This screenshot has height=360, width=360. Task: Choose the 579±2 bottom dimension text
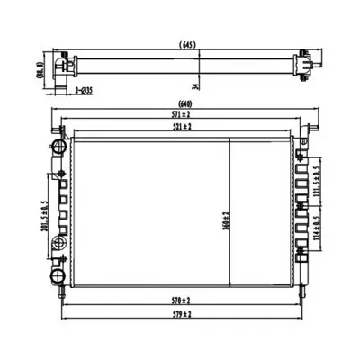(185, 313)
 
